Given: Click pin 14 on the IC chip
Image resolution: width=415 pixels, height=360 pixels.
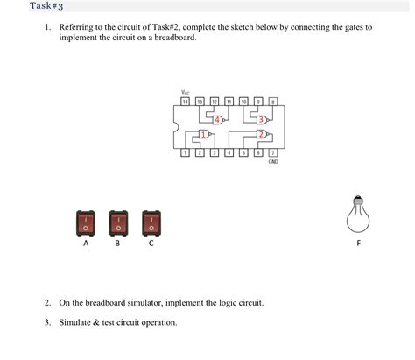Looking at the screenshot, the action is click(x=185, y=102).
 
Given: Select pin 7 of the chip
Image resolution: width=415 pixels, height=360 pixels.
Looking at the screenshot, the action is click(x=274, y=153).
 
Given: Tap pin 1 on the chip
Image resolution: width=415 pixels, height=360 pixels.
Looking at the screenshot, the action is click(x=185, y=153).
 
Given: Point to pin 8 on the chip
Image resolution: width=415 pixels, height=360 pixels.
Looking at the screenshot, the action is click(x=274, y=102).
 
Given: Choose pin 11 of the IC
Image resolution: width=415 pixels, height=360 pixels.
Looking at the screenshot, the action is click(x=229, y=102).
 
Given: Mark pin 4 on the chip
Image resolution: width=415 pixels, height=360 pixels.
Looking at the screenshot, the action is click(x=229, y=153).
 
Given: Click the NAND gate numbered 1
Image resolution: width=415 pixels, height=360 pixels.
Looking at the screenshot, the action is click(x=204, y=135).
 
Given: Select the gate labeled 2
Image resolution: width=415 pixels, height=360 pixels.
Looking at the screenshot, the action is click(x=261, y=135).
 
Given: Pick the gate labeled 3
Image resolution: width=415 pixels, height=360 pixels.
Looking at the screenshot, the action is click(x=261, y=119).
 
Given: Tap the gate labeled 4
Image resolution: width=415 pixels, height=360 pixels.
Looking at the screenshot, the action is click(x=219, y=119).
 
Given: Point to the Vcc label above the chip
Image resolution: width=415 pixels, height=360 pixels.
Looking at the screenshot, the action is click(x=185, y=92).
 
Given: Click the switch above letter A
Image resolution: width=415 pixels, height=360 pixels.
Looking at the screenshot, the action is click(x=86, y=223).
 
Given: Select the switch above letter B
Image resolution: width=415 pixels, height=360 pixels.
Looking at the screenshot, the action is click(x=118, y=223).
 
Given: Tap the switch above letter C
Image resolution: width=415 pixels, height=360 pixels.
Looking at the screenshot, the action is click(x=151, y=223).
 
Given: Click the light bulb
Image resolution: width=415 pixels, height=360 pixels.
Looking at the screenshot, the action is click(x=357, y=214).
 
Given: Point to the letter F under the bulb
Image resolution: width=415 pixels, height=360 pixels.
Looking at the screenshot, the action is click(x=357, y=244).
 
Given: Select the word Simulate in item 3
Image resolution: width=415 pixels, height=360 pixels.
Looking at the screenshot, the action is click(x=74, y=322).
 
